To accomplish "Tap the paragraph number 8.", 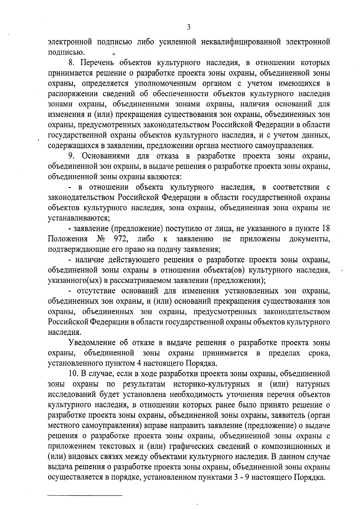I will (71, 63).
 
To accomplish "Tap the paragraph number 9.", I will (71, 156).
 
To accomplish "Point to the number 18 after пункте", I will (326, 229).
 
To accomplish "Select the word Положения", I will (68, 239).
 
